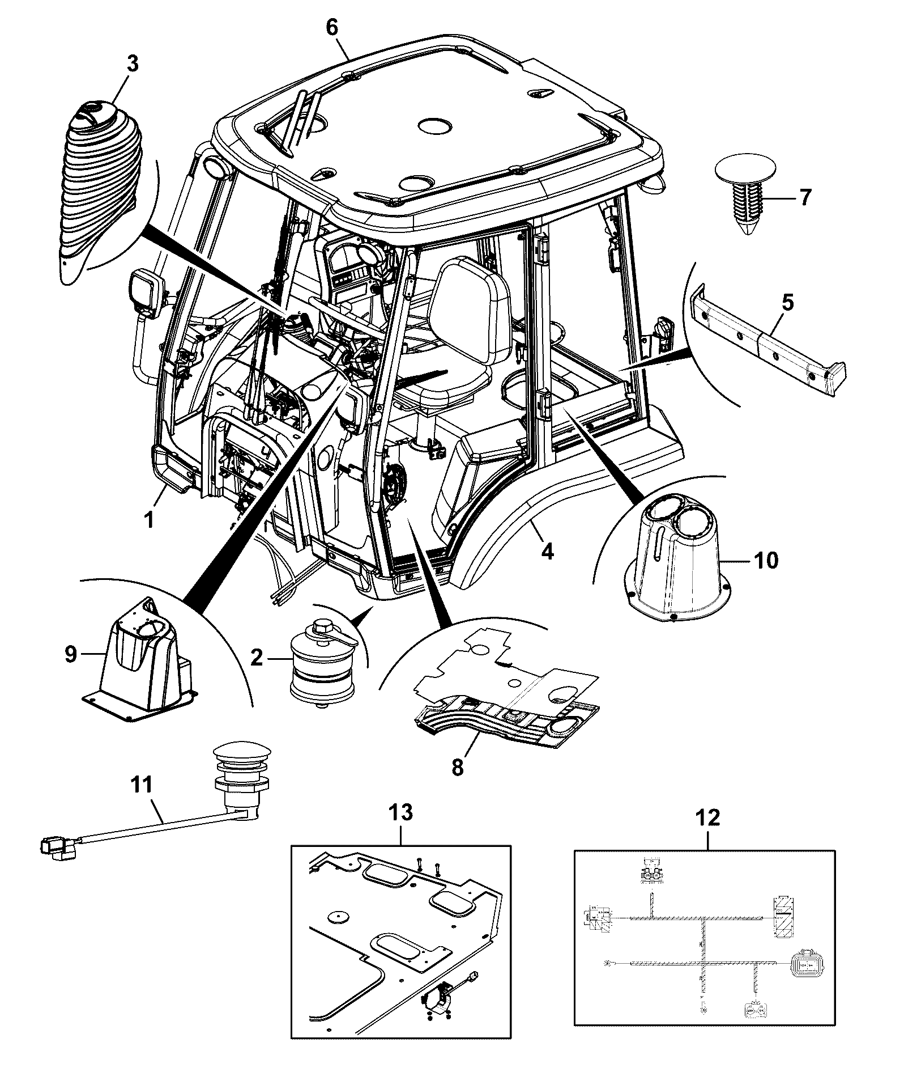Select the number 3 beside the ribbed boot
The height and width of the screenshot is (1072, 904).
click(133, 64)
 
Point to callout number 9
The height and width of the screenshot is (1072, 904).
click(70, 654)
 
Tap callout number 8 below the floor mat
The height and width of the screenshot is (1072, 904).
click(458, 767)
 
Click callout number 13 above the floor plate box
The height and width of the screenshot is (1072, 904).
click(401, 813)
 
